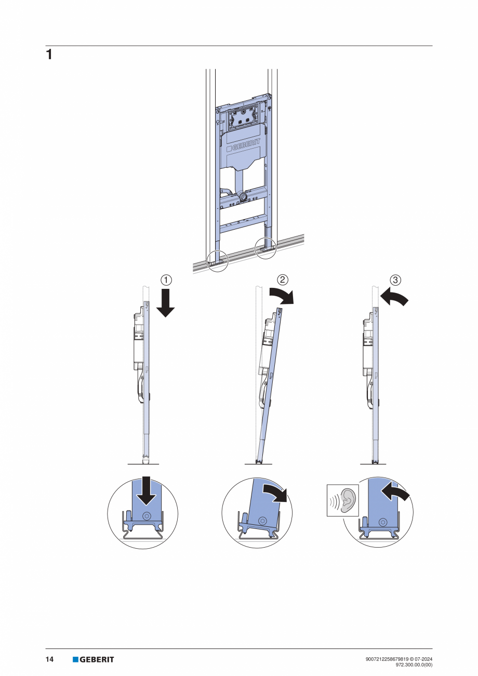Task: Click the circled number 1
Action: point(165,280)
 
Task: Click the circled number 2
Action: point(282,280)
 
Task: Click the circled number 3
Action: point(395,280)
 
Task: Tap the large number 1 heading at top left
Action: point(49,55)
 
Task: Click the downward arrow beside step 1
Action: point(165,303)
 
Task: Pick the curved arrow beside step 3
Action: point(393,298)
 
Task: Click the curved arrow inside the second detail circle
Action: point(275,492)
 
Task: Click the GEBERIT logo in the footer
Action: point(94,659)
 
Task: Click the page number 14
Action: point(49,659)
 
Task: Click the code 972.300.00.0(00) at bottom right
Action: point(414,665)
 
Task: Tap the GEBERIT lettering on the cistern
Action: point(244,147)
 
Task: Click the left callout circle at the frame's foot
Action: point(218,261)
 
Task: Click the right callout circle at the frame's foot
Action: point(265,248)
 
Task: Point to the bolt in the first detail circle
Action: point(147,516)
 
